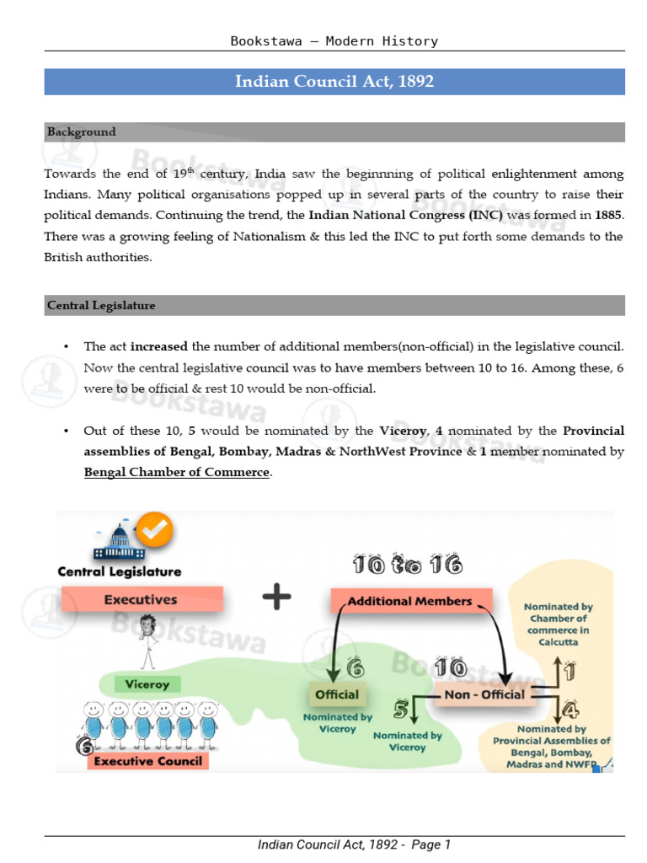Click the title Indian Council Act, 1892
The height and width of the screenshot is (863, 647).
334,82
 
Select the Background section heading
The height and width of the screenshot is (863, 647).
82,132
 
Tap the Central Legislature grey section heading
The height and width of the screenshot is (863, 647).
101,305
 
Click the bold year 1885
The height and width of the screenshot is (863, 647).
608,215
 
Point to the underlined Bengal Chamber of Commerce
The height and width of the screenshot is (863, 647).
177,472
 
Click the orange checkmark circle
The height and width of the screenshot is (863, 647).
155,529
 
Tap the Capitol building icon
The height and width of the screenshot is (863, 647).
119,542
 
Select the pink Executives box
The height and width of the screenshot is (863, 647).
142,599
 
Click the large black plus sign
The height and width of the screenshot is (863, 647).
276,597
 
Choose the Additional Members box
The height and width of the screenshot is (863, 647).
410,601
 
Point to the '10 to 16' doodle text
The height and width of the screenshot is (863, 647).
408,565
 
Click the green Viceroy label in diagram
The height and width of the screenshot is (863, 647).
147,684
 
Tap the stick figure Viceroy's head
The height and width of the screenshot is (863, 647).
147,625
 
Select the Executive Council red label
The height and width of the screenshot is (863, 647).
148,761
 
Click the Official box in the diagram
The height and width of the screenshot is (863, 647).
337,694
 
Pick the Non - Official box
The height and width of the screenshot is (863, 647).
484,694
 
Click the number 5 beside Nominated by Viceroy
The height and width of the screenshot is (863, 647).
400,710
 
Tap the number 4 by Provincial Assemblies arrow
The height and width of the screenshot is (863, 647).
570,710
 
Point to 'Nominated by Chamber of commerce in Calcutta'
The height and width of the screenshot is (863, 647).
558,624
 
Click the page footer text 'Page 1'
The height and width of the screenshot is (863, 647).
430,844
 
